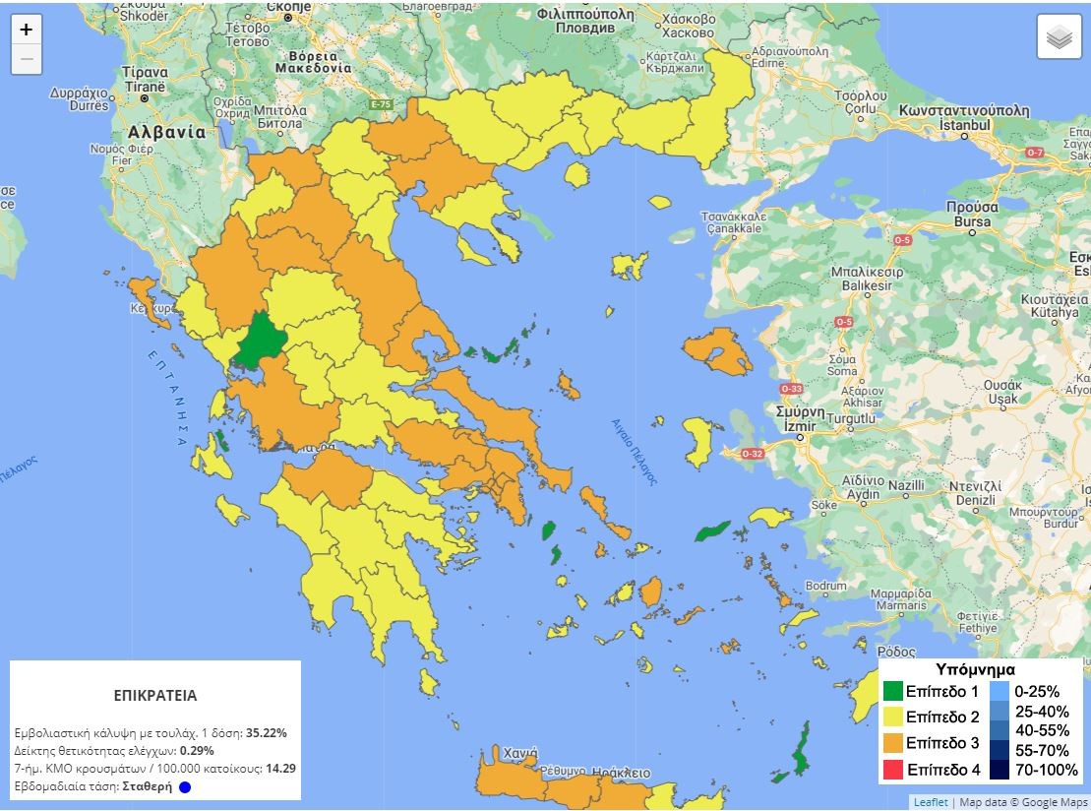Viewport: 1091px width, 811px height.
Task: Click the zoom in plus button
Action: point(27,30)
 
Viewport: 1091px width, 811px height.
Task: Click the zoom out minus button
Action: point(27,59)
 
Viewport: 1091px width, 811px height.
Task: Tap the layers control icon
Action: point(1059,37)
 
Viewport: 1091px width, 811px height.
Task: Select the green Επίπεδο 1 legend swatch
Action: point(892,692)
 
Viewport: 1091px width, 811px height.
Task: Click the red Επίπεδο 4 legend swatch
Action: point(892,770)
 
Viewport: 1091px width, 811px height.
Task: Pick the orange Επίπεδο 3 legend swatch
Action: point(892,743)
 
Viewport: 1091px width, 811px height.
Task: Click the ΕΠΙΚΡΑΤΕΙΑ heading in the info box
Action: point(155,695)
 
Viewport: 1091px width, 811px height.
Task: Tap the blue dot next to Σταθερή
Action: point(185,786)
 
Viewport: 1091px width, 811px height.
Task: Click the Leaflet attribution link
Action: point(931,802)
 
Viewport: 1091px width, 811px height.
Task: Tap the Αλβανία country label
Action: point(166,132)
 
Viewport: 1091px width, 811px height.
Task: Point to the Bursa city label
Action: point(972,222)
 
